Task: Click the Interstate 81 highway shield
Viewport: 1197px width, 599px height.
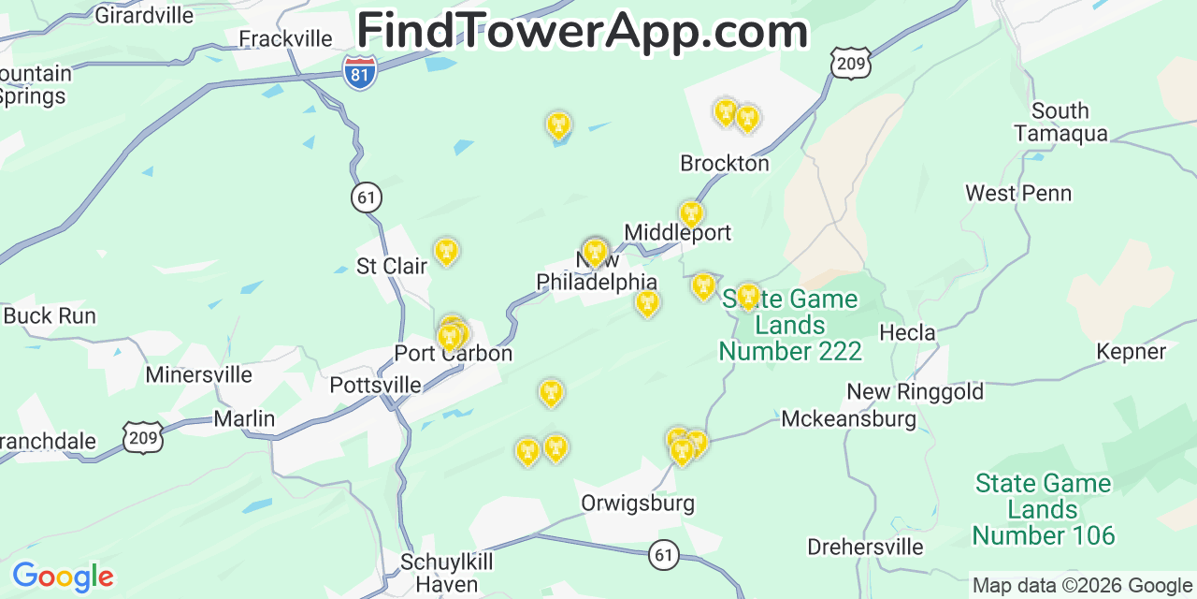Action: (360, 72)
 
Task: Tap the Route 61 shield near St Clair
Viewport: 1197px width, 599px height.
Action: (367, 197)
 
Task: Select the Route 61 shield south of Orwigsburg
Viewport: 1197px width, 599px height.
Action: (663, 555)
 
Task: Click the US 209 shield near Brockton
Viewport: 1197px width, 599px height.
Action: (850, 63)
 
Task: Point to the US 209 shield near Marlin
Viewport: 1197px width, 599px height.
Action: (142, 437)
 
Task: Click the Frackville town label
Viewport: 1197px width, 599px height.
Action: (285, 38)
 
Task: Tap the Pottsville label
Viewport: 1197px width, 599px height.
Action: (375, 385)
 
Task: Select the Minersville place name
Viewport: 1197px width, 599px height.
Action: (198, 374)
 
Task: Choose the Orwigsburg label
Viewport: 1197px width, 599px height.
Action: (638, 503)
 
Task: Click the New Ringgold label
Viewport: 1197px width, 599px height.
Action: (915, 391)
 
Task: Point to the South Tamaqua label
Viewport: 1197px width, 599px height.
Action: (1060, 122)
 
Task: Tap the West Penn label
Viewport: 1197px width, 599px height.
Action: (1018, 193)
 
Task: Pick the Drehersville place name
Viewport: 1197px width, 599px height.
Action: (865, 547)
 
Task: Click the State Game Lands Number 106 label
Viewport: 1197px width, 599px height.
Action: (1043, 509)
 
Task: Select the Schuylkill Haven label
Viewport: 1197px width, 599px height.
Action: (446, 573)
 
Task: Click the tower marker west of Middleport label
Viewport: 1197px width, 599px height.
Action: (596, 252)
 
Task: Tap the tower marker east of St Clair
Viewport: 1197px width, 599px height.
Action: (446, 251)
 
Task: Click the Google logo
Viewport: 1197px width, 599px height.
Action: (63, 577)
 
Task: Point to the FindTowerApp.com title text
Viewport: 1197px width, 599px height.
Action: (582, 31)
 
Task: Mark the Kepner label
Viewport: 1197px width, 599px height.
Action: (1132, 352)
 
